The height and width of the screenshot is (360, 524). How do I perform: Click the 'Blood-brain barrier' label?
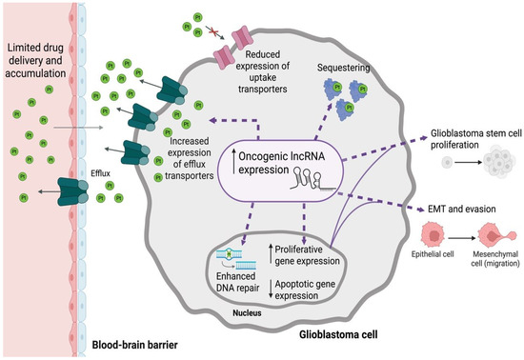coord(134,345)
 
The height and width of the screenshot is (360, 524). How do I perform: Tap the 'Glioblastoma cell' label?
coord(338,334)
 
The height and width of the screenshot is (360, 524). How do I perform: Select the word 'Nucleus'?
coord(247,313)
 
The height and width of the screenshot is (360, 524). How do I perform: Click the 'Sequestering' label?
coord(343,68)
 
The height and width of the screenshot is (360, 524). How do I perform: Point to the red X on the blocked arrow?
coord(213,32)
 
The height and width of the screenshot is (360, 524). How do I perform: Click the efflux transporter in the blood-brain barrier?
coord(72,191)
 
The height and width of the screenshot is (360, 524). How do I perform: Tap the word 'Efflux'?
coord(100,173)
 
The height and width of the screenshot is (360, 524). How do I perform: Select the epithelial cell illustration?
coord(433,235)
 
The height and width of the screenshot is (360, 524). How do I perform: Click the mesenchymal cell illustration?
coord(497,236)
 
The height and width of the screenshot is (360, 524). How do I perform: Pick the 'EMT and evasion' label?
coord(462,210)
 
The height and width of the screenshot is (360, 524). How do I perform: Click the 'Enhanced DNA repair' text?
coord(237,282)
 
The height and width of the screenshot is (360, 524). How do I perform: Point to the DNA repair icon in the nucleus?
coord(236,259)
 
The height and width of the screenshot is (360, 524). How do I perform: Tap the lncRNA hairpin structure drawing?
coord(312,179)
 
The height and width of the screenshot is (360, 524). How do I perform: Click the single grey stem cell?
coord(447,163)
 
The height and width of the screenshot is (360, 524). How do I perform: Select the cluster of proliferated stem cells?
coord(499,162)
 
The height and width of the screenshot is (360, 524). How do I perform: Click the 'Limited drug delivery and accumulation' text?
coord(35,60)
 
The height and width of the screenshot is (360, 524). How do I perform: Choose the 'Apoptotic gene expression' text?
coord(305,290)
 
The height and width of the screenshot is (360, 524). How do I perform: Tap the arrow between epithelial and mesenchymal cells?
coord(462,238)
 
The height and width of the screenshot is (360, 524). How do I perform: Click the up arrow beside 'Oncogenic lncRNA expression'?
coord(234,162)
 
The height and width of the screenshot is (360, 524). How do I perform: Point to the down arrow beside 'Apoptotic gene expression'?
coord(271,290)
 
